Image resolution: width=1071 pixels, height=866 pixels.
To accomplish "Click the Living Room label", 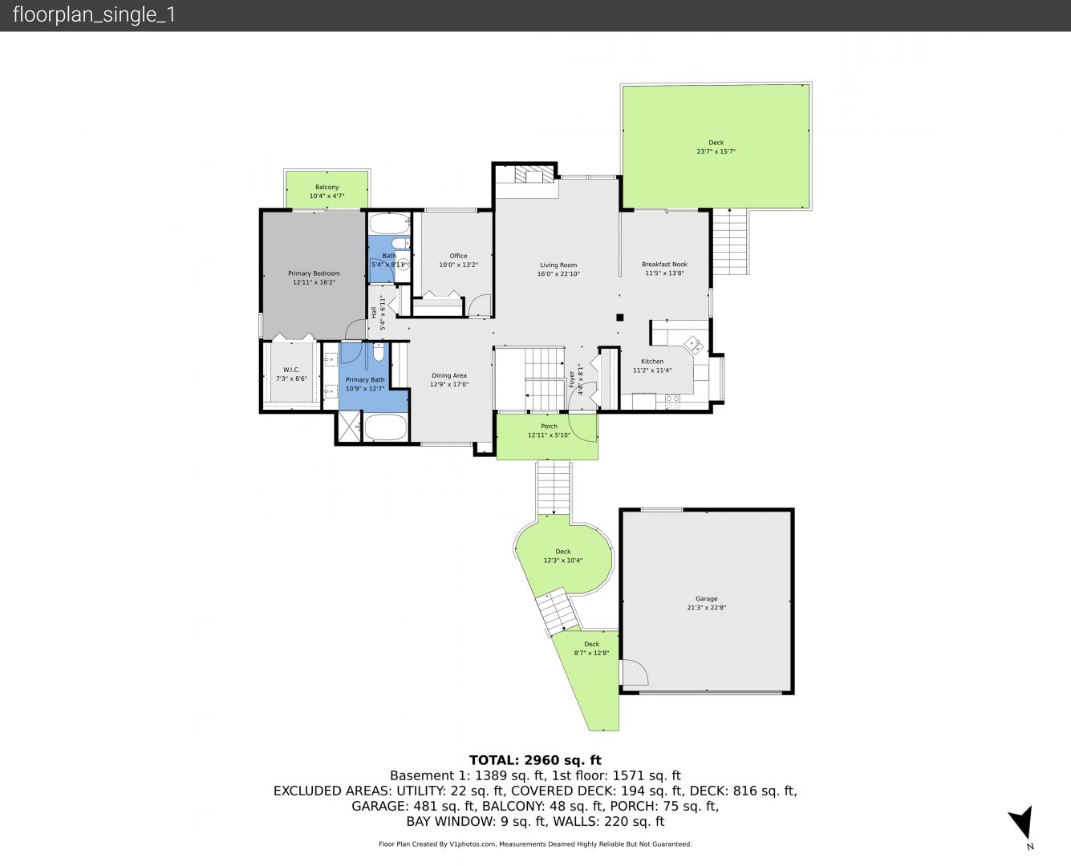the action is [558, 265].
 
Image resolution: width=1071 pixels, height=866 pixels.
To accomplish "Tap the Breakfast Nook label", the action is [664, 264].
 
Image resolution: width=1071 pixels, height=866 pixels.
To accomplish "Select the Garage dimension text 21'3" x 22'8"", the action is [707, 607].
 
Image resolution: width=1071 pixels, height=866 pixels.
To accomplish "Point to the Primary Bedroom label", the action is [314, 273].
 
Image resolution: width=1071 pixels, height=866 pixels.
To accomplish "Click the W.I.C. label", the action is [291, 370].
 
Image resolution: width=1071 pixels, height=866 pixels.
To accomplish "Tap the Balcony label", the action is [327, 187].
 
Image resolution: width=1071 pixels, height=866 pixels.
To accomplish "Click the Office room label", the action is [458, 256].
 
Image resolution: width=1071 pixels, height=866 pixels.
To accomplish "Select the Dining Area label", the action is [449, 375].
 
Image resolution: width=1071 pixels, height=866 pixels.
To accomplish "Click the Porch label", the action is [549, 427].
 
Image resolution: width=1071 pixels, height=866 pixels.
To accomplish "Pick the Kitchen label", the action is [652, 362].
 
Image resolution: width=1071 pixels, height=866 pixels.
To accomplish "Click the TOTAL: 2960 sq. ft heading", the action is [535, 760].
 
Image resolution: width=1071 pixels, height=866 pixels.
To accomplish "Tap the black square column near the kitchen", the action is [620, 318].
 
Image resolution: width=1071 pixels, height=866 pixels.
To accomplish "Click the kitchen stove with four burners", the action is [672, 402].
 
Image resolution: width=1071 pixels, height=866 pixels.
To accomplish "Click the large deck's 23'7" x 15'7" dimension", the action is [716, 152].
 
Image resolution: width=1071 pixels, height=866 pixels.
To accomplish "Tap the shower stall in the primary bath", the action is [349, 427].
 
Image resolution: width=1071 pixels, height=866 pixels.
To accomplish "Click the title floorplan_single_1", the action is [94, 15].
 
